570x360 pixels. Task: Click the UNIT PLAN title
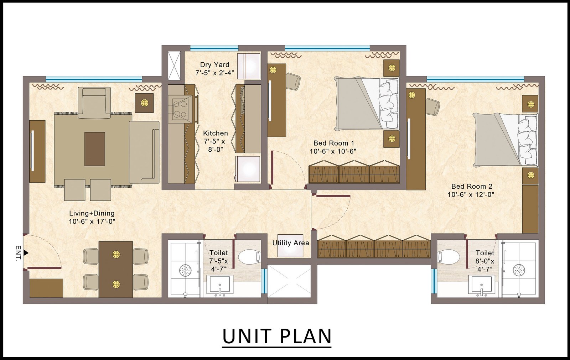coord(277,336)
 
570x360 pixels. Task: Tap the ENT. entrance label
coord(18,254)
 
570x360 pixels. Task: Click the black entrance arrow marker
coord(26,252)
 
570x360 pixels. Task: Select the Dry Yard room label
coord(214,64)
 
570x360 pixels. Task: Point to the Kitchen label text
coord(216,133)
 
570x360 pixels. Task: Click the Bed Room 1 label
coord(333,143)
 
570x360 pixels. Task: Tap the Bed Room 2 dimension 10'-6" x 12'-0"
coord(471,195)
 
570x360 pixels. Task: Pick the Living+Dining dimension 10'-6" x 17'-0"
coord(92,221)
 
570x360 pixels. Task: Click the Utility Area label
coord(291,243)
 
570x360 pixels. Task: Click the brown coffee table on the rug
coord(95,149)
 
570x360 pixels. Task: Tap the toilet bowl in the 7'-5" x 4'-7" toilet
coord(249,256)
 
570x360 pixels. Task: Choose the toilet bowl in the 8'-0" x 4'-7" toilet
coord(449,256)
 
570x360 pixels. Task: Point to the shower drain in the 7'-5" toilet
coord(186,270)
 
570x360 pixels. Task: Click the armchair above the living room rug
coord(94,103)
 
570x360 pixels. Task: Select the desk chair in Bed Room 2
coord(432,106)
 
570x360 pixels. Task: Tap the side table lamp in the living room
coord(144,103)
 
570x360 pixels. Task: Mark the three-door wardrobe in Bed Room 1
coord(354,172)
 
